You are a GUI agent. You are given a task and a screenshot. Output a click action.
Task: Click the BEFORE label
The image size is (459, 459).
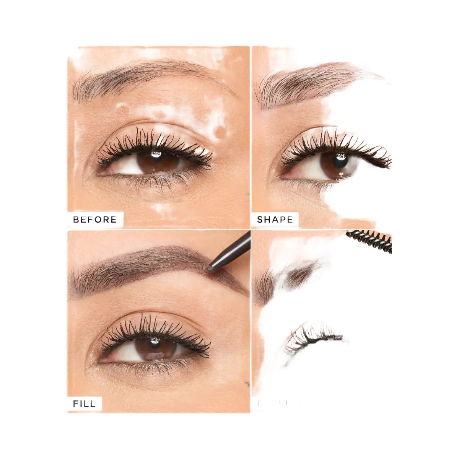(x=94, y=220)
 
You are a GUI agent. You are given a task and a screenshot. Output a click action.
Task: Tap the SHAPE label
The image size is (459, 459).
(x=275, y=220)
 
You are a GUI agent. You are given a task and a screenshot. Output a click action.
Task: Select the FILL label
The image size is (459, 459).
(x=85, y=404)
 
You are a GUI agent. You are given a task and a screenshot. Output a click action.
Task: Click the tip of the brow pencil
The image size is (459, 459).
(x=212, y=264)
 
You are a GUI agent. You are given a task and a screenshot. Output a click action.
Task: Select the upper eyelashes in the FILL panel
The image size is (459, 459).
(x=153, y=327)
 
